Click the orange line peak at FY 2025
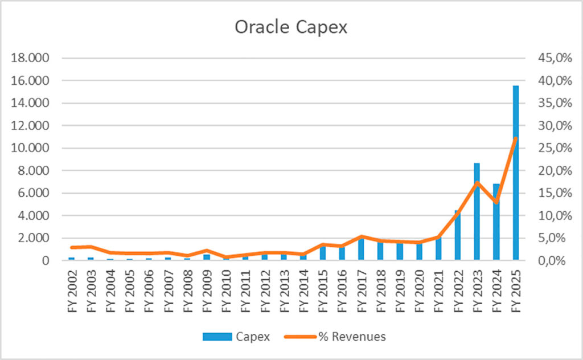[516, 138]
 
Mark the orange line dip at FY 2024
[496, 202]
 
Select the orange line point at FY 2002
[72, 247]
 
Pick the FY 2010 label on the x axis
[227, 288]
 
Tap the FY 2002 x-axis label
[72, 288]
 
